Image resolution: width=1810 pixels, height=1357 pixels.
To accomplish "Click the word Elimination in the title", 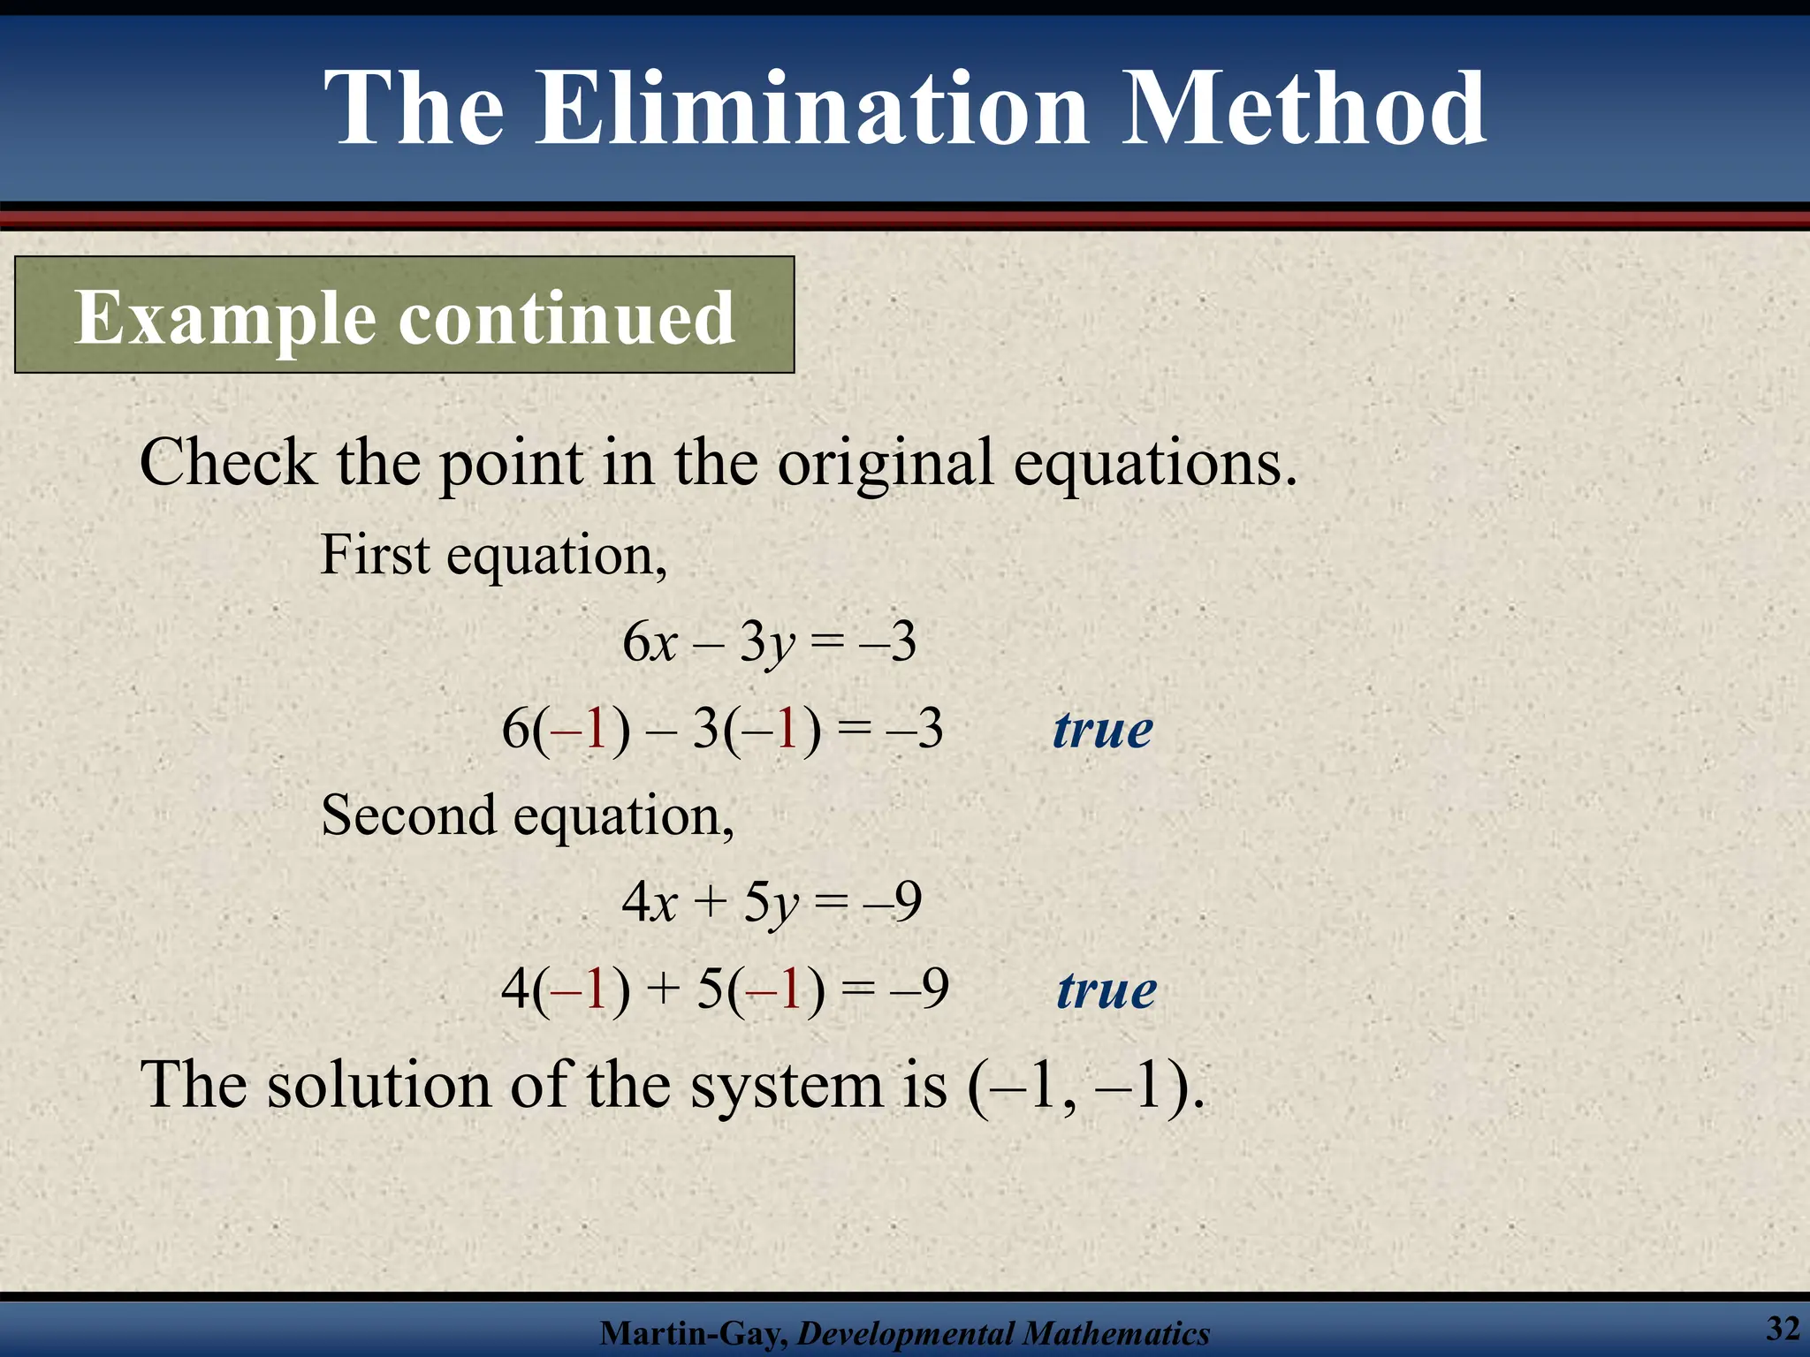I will (x=811, y=110).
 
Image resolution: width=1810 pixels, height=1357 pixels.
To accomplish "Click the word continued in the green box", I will (x=567, y=318).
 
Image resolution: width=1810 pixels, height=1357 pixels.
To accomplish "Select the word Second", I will (x=408, y=815).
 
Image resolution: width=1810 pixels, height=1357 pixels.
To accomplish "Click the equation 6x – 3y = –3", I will (x=769, y=642).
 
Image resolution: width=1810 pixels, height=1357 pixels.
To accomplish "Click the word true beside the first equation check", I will (x=1103, y=731).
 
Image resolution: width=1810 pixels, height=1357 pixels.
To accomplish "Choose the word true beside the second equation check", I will (x=1107, y=990).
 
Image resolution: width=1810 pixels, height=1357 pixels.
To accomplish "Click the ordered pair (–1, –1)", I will (x=1084, y=1086).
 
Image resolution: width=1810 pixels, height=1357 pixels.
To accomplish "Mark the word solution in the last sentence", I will (x=379, y=1085).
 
